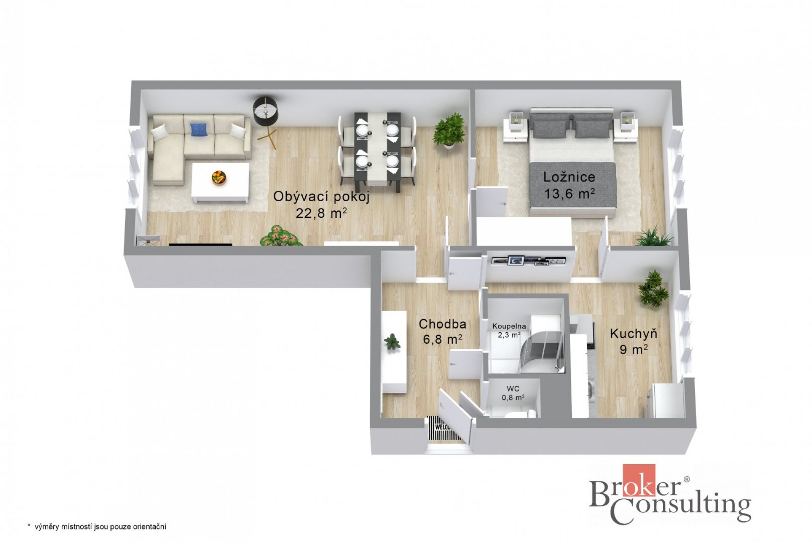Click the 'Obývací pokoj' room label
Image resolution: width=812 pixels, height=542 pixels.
point(321,197)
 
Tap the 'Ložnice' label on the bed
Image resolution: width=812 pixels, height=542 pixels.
point(569,177)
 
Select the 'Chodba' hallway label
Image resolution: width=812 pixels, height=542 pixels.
point(442,324)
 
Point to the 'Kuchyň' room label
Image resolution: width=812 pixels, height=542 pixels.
point(634,334)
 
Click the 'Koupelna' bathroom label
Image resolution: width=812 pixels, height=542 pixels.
point(509,326)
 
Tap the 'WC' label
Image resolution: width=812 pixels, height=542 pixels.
point(513,389)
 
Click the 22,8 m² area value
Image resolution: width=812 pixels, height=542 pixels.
point(321,213)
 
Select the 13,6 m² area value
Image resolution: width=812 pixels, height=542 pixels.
point(570,193)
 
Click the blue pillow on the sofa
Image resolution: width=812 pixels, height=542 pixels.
point(199,129)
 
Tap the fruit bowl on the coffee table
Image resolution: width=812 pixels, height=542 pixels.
point(219,177)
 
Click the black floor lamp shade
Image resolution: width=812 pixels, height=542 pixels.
point(266,111)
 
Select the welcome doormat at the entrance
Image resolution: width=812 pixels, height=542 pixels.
point(441,428)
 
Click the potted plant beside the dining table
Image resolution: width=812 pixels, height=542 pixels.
point(449,130)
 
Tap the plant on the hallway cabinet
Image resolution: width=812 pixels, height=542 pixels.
point(392,342)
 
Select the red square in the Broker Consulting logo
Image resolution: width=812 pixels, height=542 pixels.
point(639,480)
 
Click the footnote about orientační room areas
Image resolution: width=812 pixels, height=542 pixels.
point(97,526)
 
